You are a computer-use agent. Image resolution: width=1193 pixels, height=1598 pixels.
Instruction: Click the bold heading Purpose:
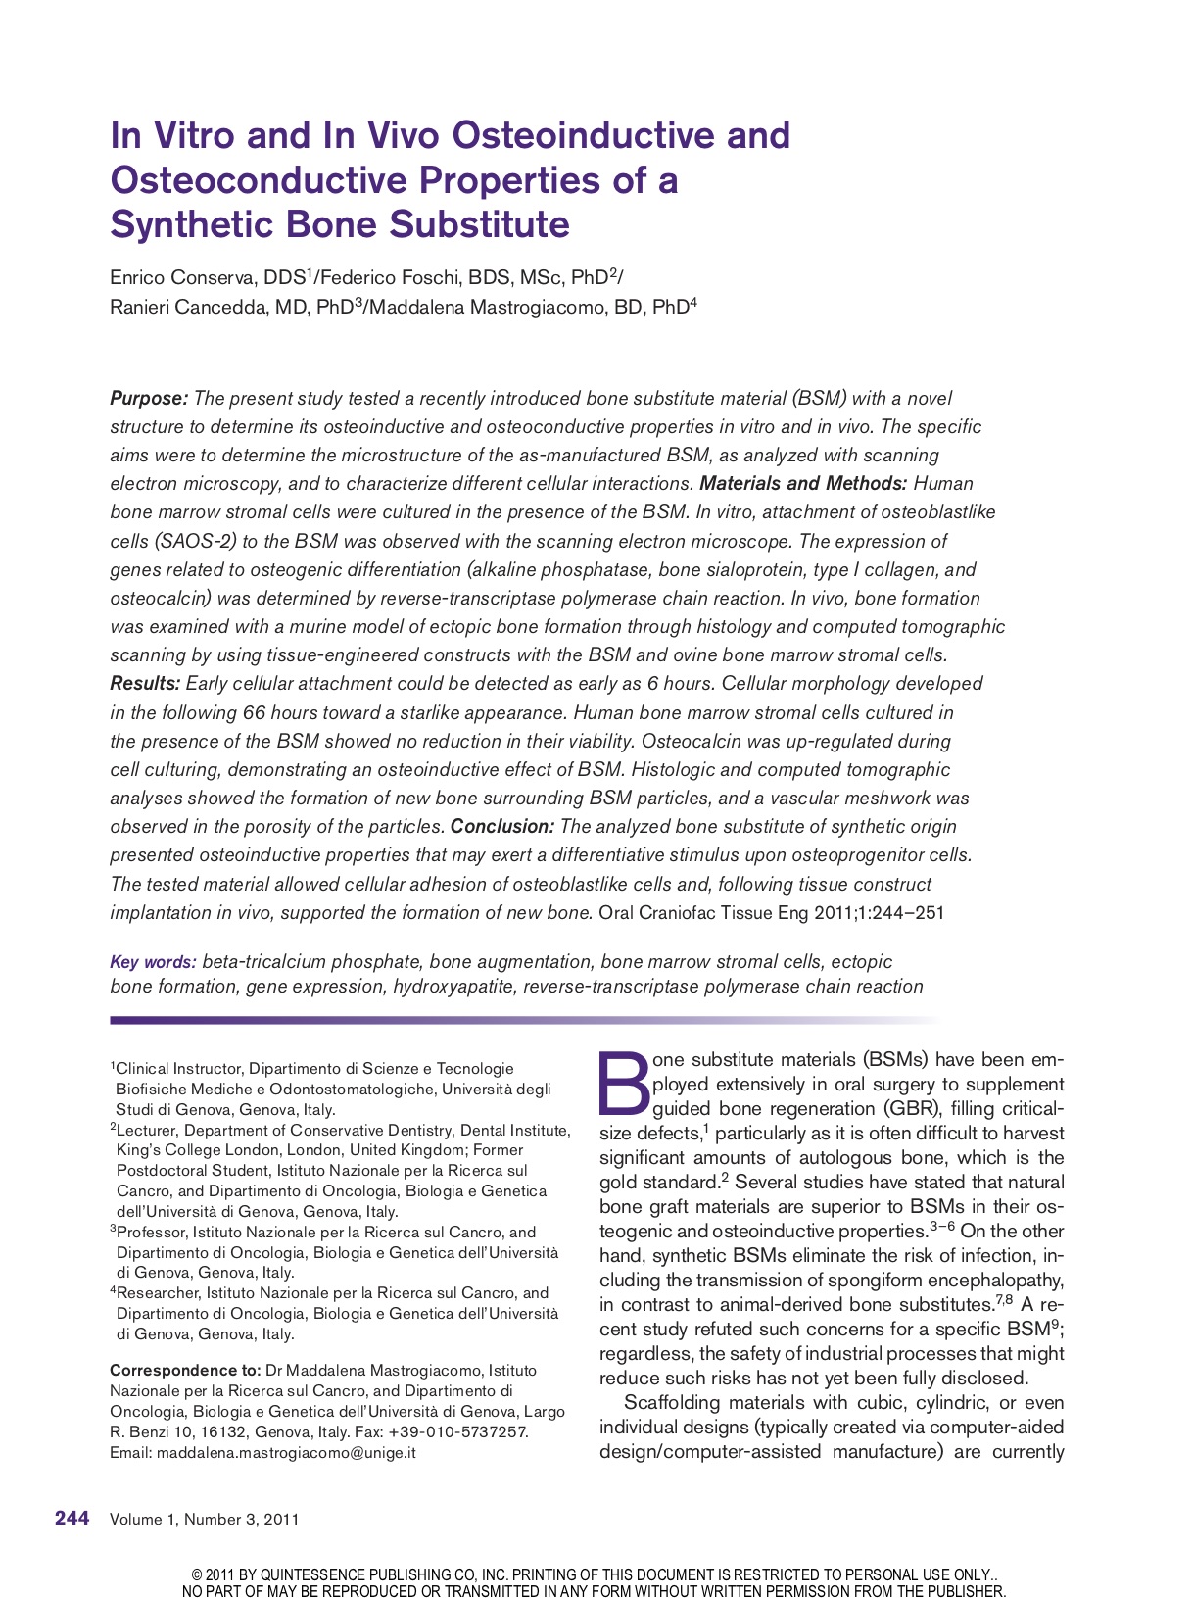(149, 398)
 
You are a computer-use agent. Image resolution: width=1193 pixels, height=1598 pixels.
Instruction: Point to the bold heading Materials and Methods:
(803, 483)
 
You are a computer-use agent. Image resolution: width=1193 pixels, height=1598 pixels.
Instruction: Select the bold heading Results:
(145, 683)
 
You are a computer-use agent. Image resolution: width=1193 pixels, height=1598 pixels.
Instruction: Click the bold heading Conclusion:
(502, 826)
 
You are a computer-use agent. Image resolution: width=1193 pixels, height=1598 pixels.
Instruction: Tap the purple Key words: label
(153, 962)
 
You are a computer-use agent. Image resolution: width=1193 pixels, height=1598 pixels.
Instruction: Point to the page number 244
(72, 1519)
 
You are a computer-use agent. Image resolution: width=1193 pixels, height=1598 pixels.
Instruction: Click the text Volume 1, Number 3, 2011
(205, 1520)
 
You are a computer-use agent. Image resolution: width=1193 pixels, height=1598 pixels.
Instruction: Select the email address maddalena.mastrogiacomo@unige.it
(286, 1452)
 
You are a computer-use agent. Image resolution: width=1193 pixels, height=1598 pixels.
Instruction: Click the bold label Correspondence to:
(185, 1370)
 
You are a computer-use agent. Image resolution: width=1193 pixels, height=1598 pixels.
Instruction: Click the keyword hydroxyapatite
(453, 987)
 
